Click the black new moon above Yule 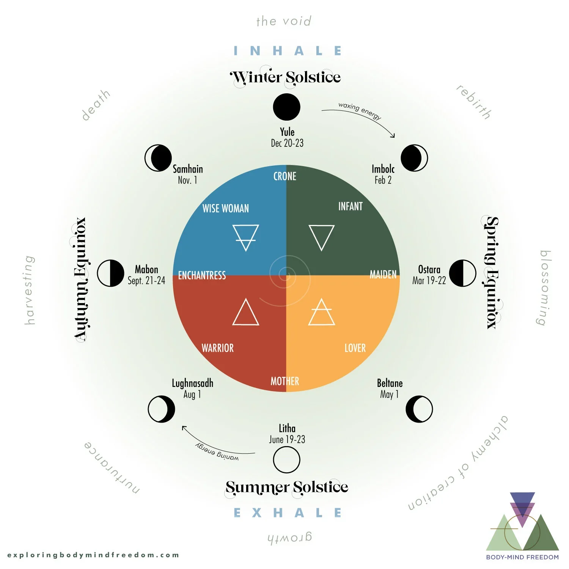tap(286, 107)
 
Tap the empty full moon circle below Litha tap(286, 459)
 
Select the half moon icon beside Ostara tap(462, 273)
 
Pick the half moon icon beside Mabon tap(110, 273)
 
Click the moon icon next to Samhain tap(158, 158)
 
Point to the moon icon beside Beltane tap(419, 409)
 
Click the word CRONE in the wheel tap(285, 176)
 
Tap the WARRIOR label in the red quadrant tap(217, 348)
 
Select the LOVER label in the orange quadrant tap(355, 348)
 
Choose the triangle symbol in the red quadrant tap(245, 313)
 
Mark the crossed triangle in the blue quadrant tap(245, 237)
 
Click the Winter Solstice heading tap(286, 78)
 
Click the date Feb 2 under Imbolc tap(383, 180)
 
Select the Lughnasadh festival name tap(192, 383)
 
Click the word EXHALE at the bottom tap(288, 513)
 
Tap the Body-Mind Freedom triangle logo tap(522, 522)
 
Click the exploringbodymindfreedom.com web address tap(93, 555)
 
